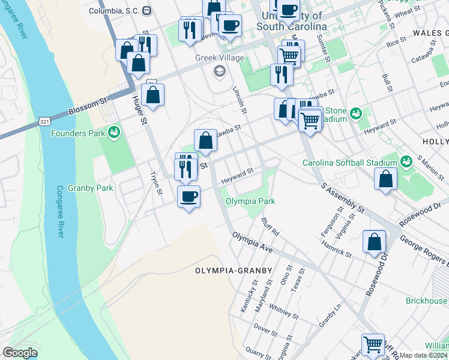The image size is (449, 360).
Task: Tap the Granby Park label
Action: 91,188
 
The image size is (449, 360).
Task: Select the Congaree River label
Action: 59,211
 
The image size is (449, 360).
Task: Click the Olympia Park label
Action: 250,202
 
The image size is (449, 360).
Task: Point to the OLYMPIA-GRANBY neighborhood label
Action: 234,271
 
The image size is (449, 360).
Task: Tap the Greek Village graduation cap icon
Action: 219,71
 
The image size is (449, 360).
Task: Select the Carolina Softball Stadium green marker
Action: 406,162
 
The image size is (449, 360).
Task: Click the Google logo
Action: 20,353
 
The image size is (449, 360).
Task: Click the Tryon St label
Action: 160,184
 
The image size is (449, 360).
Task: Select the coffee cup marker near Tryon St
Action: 188,196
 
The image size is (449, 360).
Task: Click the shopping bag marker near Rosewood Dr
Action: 374,242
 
